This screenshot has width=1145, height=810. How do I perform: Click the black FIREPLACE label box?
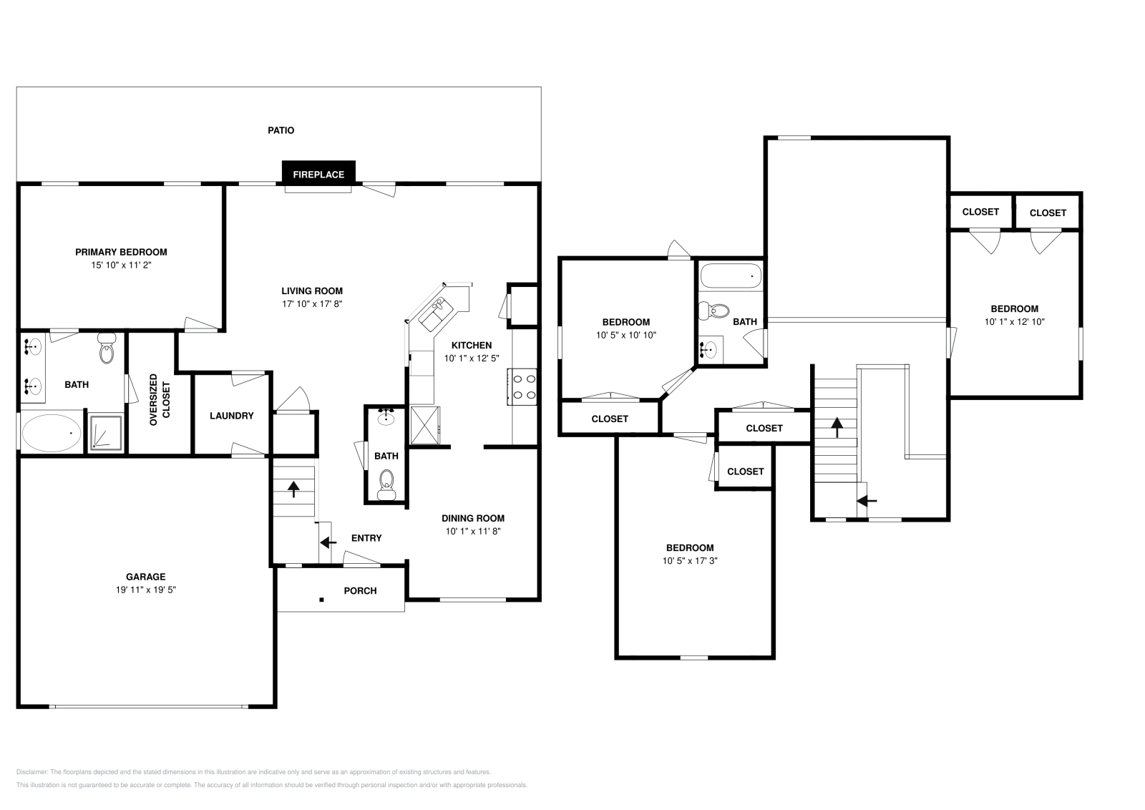[318, 174]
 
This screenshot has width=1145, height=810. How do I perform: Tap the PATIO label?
[281, 130]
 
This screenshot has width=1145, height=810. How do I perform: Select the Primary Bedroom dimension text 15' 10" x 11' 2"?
[121, 265]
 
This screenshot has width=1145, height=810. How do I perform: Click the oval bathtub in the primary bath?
[52, 433]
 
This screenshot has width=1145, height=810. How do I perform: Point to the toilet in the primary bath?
[107, 350]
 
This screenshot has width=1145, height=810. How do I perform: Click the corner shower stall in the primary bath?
[106, 433]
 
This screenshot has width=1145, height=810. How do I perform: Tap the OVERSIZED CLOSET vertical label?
[160, 400]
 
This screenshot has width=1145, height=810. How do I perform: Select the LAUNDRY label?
[231, 415]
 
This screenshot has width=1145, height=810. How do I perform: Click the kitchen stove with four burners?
[522, 386]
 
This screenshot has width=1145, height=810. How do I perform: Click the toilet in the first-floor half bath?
[386, 483]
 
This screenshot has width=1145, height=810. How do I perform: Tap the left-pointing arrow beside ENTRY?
[328, 542]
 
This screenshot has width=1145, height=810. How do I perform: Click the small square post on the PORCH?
[322, 600]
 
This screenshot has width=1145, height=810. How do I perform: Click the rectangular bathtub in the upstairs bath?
[730, 276]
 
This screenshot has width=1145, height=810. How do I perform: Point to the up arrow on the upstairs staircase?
[835, 427]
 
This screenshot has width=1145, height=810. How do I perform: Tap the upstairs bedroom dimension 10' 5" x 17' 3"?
[689, 561]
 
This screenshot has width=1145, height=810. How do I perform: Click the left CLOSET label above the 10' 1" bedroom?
[980, 212]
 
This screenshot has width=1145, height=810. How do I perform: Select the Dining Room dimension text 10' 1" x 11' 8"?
[472, 531]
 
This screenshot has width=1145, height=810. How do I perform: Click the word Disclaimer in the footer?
[31, 772]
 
